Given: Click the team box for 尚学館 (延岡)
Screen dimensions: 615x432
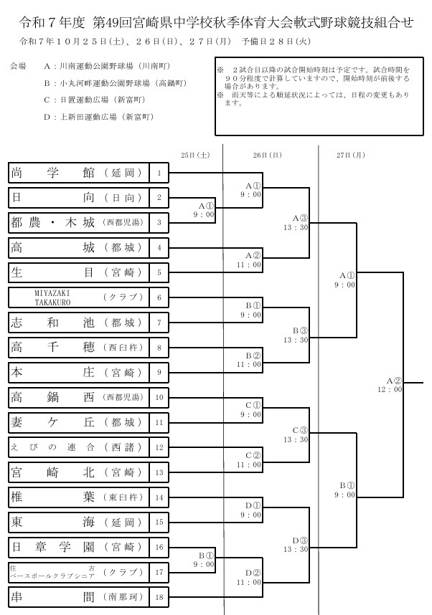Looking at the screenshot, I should pyautogui.click(x=79, y=173).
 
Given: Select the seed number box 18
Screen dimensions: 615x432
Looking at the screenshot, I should pyautogui.click(x=159, y=596).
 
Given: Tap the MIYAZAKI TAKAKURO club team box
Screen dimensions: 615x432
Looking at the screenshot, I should pyautogui.click(x=79, y=297).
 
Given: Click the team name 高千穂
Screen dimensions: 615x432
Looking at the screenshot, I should pyautogui.click(x=53, y=348).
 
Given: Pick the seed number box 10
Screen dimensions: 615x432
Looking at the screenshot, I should pyautogui.click(x=159, y=397).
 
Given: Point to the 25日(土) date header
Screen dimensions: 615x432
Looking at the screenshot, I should pyautogui.click(x=195, y=154).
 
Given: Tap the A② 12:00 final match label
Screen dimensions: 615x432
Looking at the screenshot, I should pyautogui.click(x=393, y=384).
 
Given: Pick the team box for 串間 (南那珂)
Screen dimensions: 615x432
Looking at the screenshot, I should pyautogui.click(x=79, y=596).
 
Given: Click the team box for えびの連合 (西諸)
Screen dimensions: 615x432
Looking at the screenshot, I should pyautogui.click(x=79, y=447).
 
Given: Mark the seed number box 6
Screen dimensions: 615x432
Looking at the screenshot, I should pyautogui.click(x=159, y=297).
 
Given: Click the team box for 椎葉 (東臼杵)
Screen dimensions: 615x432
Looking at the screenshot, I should pyautogui.click(x=79, y=496).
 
